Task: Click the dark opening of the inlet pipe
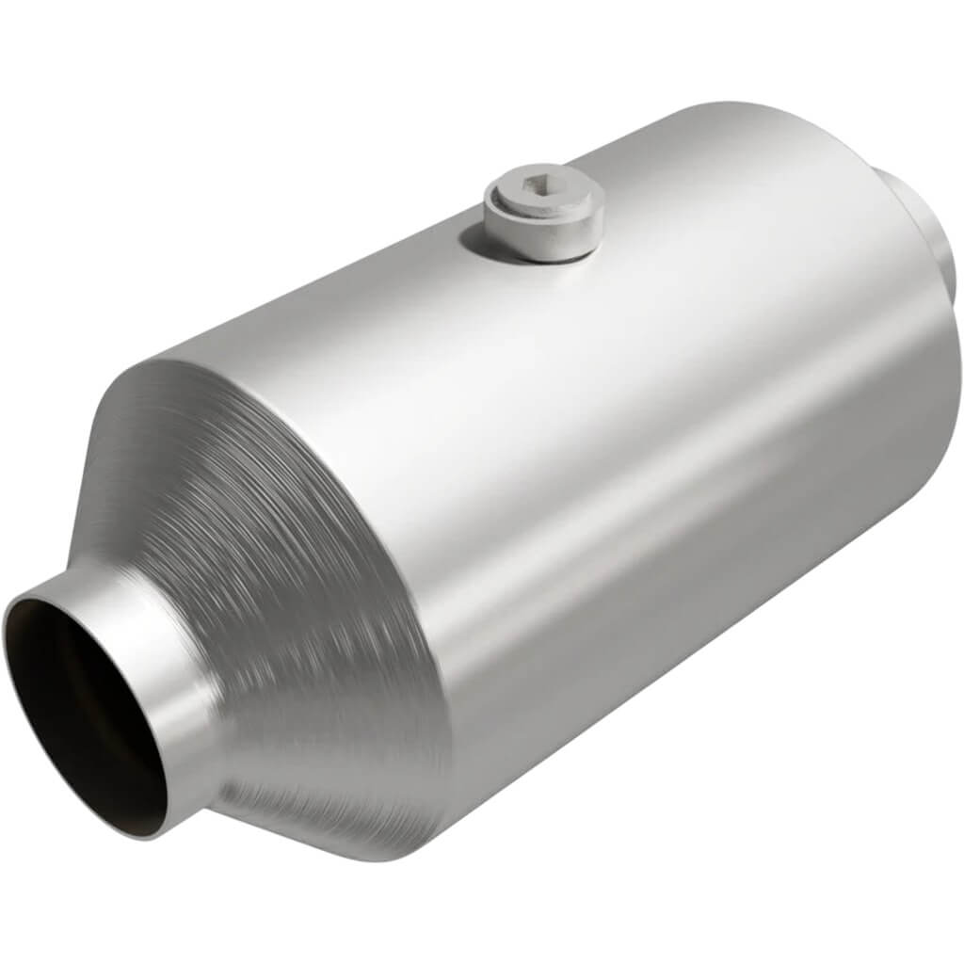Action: pyautogui.click(x=80, y=706)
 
